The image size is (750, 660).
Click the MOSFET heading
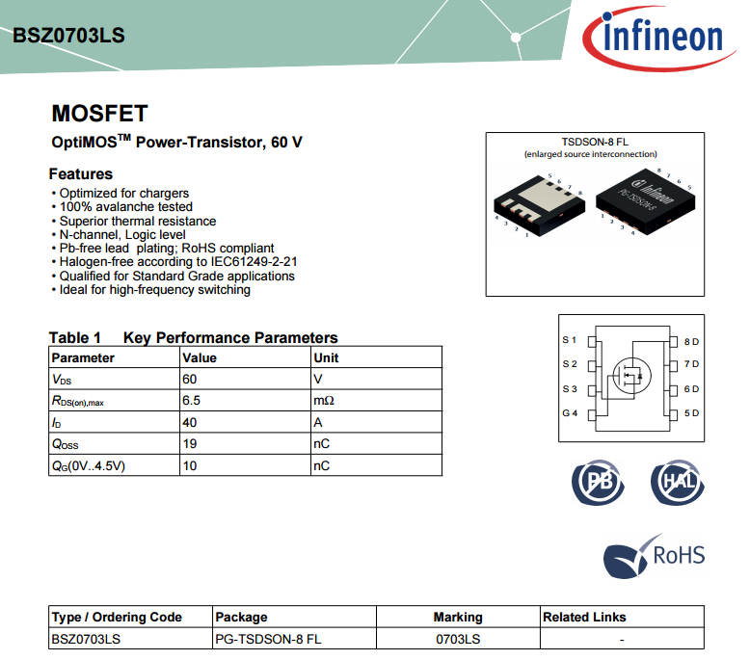coord(99,114)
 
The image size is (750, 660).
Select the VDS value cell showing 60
coord(190,379)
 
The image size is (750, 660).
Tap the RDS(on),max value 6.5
coord(191,400)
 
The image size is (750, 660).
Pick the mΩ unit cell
coord(323,400)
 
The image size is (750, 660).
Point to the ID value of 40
coord(190,422)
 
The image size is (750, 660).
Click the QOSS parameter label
coord(65,444)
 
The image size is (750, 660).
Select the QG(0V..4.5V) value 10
coord(190,465)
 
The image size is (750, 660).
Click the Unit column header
coord(326,357)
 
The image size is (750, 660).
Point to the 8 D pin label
coord(690,341)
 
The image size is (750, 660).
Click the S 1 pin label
coord(569,340)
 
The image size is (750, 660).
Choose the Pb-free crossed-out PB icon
coord(598,481)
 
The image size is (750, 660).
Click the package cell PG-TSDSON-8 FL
coord(268,639)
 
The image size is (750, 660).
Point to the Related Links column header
coord(584,617)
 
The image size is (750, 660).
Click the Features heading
coord(81,174)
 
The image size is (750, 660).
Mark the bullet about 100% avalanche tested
coord(125,206)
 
